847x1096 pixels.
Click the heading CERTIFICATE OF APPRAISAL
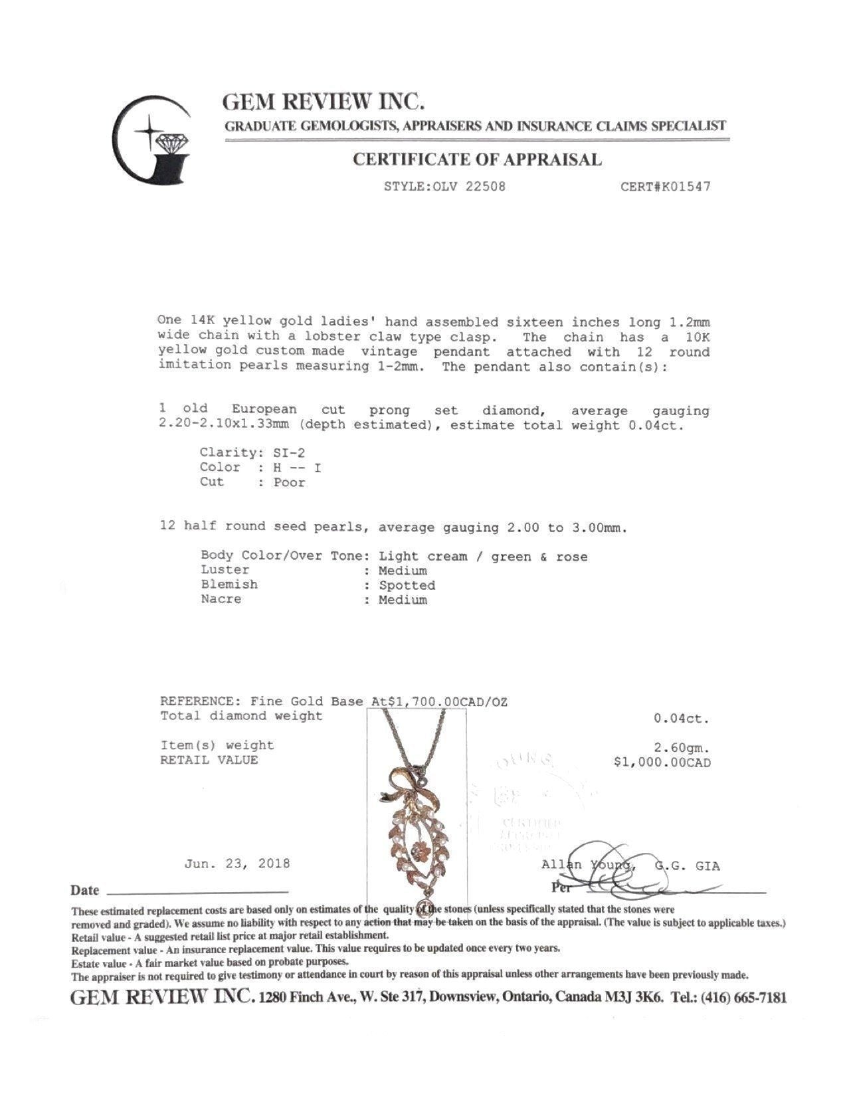point(476,159)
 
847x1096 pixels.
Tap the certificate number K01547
point(683,187)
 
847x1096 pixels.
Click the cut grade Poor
point(290,483)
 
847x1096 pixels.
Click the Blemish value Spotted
point(407,585)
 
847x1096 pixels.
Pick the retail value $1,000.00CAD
point(662,763)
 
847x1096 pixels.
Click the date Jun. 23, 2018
point(237,864)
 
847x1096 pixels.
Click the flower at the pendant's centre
point(416,850)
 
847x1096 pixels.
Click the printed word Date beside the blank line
point(85,890)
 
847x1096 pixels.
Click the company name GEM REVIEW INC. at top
point(324,102)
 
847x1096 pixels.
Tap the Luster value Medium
point(403,571)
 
